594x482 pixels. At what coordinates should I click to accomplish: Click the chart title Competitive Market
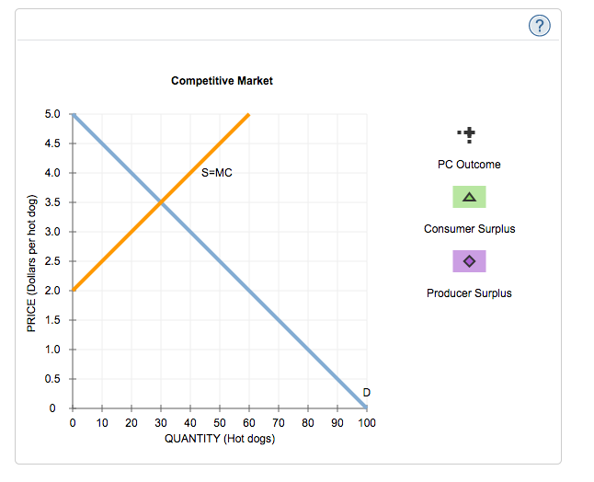[222, 81]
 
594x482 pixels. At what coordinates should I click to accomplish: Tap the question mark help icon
[543, 27]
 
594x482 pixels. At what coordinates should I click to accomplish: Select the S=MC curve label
[217, 172]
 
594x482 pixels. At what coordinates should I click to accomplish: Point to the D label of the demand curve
[367, 393]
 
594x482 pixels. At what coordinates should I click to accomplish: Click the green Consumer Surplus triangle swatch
[469, 197]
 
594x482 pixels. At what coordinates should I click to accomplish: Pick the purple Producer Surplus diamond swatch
[469, 261]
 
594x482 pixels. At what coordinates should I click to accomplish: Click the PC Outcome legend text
[469, 165]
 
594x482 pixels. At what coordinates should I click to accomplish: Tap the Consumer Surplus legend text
[469, 229]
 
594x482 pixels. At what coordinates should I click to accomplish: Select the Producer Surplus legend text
[469, 293]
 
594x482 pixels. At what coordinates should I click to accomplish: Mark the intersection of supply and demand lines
[161, 201]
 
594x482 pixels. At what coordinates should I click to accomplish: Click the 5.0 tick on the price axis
[51, 114]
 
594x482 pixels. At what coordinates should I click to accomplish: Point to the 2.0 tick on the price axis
[51, 290]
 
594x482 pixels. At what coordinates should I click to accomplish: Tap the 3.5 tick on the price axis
[51, 201]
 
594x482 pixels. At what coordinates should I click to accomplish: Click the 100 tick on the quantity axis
[367, 423]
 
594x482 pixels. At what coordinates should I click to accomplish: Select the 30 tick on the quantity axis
[161, 423]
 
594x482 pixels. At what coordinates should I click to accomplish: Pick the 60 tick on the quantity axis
[249, 423]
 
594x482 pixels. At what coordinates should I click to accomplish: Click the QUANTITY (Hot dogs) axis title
[220, 439]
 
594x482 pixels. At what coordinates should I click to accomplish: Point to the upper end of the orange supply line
[248, 115]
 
